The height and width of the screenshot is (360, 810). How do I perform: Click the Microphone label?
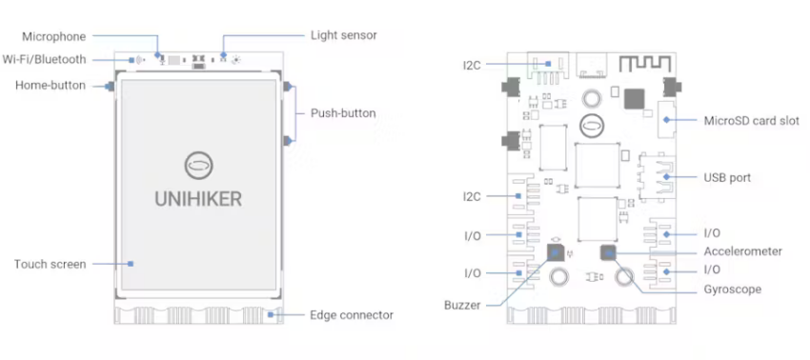[55, 36]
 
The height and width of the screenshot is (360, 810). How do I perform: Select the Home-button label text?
[51, 86]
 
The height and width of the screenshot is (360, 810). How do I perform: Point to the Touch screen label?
[50, 264]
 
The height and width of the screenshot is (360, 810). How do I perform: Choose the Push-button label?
[343, 113]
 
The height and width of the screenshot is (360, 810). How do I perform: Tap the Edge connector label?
[352, 314]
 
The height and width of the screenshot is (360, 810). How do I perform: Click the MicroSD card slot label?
[753, 120]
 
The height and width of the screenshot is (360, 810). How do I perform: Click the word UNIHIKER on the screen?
[198, 200]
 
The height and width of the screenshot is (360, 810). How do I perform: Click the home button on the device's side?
[111, 87]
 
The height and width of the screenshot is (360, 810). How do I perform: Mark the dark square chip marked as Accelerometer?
[609, 253]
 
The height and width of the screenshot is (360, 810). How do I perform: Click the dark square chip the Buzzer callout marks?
[555, 252]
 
